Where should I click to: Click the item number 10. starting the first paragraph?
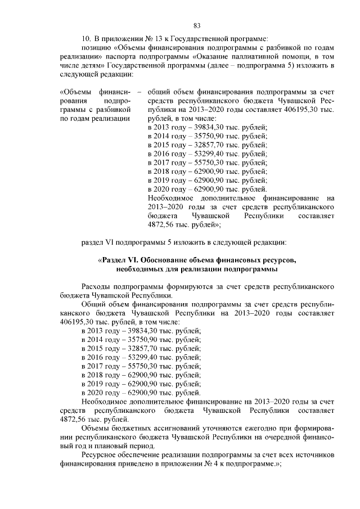tap(87, 38)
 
